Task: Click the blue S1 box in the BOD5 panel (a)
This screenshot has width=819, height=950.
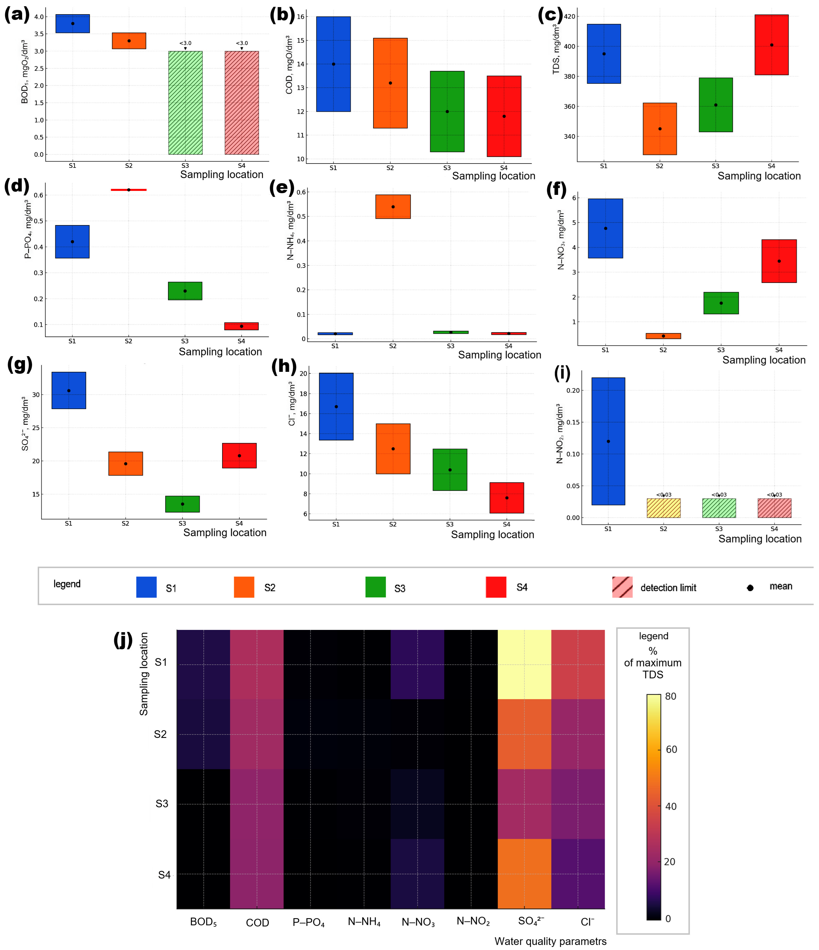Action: click(72, 24)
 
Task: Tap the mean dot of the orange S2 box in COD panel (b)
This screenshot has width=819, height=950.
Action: click(390, 83)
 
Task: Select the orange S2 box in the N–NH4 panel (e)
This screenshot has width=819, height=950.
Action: click(393, 207)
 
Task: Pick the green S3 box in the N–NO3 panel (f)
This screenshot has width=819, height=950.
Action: click(721, 303)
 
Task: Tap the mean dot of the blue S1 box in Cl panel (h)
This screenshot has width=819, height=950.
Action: click(336, 407)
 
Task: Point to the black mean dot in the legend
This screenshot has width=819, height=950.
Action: click(750, 588)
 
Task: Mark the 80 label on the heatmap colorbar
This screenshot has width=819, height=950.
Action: click(670, 697)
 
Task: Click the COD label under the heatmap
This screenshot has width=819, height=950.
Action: click(257, 923)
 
